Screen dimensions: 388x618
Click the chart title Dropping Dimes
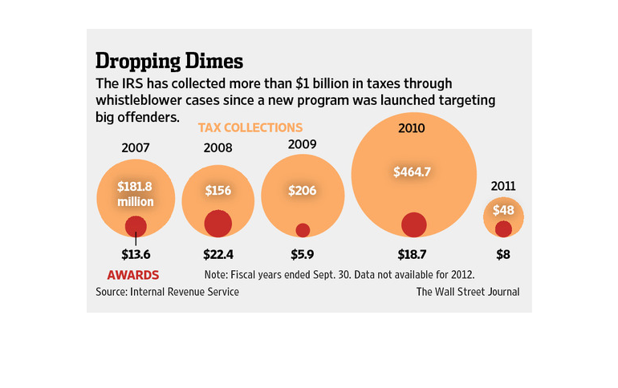coord(169,61)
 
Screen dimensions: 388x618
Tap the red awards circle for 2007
coord(136,226)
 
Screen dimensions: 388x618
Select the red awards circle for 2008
coord(218,223)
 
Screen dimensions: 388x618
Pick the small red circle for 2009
coord(303,230)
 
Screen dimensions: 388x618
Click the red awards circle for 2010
coord(413,224)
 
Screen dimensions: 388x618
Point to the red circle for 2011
coord(503,229)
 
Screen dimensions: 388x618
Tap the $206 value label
coord(303,191)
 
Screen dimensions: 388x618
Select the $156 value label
coord(218,191)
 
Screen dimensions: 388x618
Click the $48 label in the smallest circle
coord(503,211)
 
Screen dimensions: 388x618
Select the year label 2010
coord(411,127)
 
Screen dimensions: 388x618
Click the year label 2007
coord(136,148)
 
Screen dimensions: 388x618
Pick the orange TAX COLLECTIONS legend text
coord(250,127)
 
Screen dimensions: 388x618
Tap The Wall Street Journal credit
coord(467,292)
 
